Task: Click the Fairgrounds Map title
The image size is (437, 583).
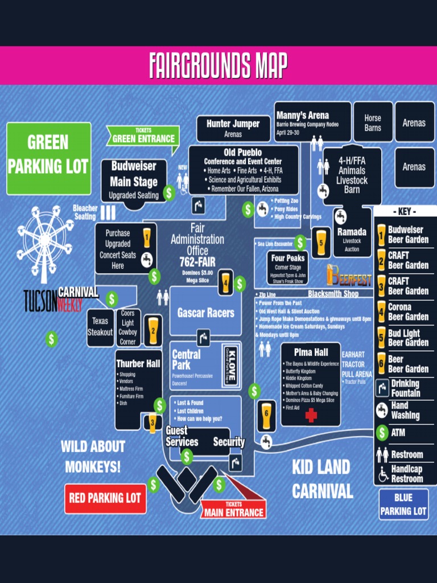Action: [218, 65]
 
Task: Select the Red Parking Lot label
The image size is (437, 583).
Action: [105, 498]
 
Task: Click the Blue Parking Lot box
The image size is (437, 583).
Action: [403, 504]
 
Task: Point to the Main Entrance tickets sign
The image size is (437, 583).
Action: [233, 510]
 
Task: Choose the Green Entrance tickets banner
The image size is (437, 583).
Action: [143, 137]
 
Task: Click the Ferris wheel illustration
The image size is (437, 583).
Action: [44, 239]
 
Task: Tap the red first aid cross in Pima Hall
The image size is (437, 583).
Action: [311, 416]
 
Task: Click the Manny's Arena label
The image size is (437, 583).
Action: [312, 121]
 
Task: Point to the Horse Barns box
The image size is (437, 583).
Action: [373, 122]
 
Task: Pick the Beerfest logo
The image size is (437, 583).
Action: [349, 277]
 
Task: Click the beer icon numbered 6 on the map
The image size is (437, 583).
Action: [266, 416]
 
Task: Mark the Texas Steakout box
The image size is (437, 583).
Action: [100, 327]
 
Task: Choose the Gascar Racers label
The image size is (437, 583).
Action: [205, 313]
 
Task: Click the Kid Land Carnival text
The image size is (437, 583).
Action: [322, 479]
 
